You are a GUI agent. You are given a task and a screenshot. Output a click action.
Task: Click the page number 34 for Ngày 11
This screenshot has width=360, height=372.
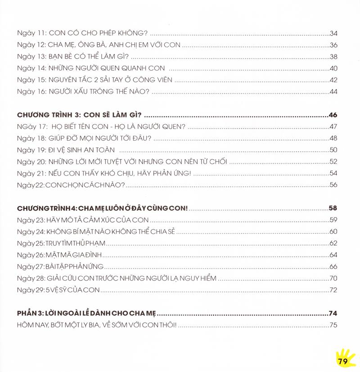(333, 33)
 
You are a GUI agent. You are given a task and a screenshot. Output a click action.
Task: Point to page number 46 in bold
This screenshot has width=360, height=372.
(333, 114)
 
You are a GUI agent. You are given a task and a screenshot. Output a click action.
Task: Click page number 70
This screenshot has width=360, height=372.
(333, 278)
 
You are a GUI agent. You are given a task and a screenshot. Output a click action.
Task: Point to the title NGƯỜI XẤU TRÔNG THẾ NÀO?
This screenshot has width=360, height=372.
(99, 92)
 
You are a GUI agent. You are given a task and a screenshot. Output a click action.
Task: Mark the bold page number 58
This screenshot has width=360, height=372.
(333, 208)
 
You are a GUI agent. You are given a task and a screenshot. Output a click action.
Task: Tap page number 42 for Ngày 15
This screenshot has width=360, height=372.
(333, 80)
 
